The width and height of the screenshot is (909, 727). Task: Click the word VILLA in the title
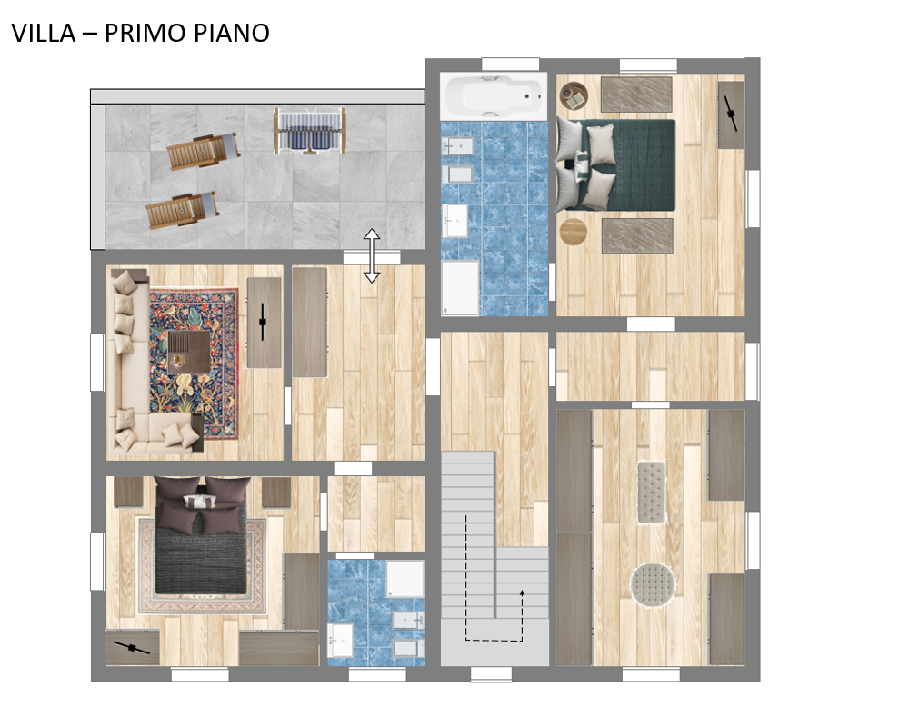coord(44,33)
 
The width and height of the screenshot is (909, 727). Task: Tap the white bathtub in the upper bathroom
coord(494,96)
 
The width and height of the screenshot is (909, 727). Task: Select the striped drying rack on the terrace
coord(310,131)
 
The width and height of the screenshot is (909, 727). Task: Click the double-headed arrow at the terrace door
coord(372,255)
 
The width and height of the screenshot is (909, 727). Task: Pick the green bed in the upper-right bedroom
coord(615,165)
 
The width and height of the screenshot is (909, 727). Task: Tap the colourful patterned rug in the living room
coord(194,363)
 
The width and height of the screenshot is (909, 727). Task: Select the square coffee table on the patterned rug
coord(188,352)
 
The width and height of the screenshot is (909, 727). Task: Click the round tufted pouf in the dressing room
coord(653,584)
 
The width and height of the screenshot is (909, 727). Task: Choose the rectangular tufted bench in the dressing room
coord(652,493)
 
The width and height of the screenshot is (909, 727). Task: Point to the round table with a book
coord(574,95)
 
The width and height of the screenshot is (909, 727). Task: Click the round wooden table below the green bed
coord(574,232)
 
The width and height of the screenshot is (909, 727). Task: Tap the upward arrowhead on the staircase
coord(522,593)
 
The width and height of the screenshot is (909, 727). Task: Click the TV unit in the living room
coord(265,323)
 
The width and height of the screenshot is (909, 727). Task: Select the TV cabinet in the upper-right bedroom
coord(731,115)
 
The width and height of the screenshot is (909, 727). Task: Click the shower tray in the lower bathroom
coord(405,579)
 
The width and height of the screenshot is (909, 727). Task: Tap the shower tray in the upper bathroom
coord(460,288)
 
